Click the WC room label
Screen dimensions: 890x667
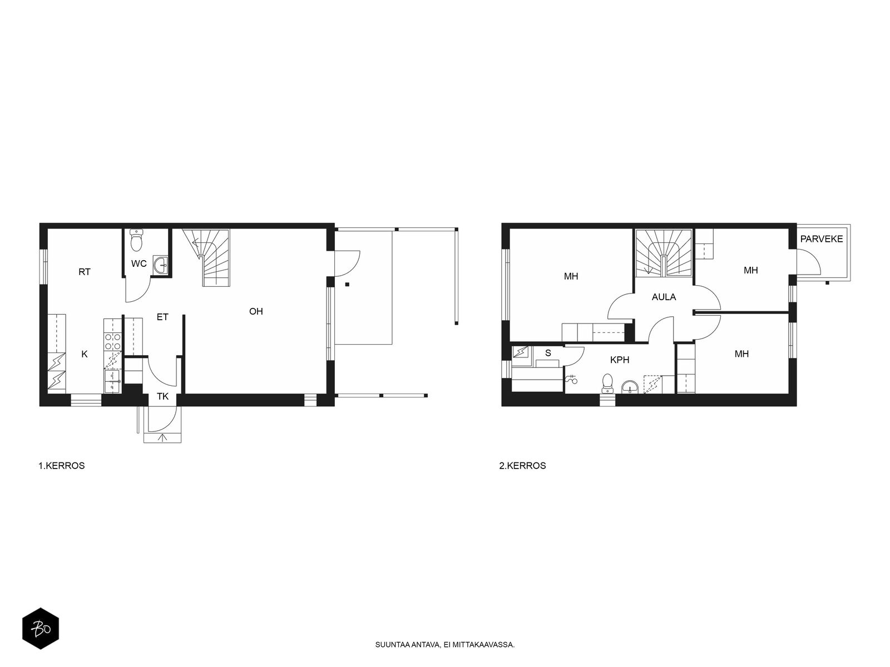point(139,263)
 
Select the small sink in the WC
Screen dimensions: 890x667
point(161,265)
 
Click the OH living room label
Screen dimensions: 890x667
point(256,311)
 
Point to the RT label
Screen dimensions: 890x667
point(85,272)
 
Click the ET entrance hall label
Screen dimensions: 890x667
point(162,317)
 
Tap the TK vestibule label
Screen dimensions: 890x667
point(162,396)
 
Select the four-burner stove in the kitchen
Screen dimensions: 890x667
point(112,341)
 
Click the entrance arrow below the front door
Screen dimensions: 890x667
point(162,438)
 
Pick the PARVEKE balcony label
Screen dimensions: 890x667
point(822,239)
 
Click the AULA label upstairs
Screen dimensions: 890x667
point(664,297)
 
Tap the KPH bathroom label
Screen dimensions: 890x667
point(620,360)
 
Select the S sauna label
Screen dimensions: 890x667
point(548,353)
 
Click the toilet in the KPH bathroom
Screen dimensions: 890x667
point(607,383)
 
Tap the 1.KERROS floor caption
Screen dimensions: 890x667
point(62,466)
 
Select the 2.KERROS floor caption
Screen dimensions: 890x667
point(523,466)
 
